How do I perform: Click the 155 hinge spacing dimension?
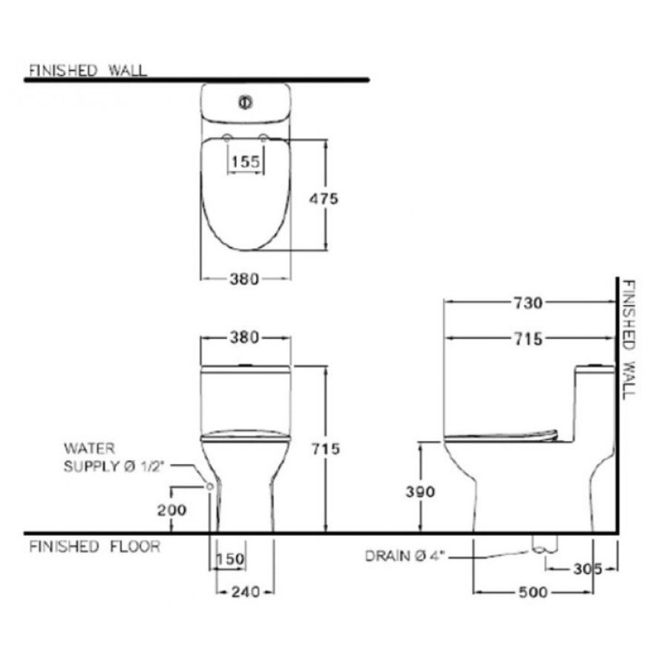[x=245, y=161]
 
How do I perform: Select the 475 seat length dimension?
[x=324, y=198]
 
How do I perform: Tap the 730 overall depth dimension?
[x=529, y=302]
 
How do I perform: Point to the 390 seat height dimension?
[x=419, y=491]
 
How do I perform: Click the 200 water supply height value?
[x=171, y=509]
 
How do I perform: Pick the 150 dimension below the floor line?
[x=230, y=559]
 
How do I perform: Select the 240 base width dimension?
[x=245, y=592]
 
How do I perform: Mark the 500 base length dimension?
[x=533, y=592]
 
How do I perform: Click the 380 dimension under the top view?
[x=244, y=279]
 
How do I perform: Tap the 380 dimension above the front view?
[x=244, y=338]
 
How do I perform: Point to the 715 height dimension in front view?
[x=324, y=448]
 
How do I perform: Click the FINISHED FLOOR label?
[x=94, y=547]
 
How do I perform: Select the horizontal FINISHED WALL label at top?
[x=87, y=71]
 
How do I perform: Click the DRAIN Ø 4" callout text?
[x=407, y=556]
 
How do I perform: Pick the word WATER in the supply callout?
[x=82, y=448]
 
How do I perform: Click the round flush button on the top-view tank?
[x=244, y=102]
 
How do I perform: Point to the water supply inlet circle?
[x=210, y=486]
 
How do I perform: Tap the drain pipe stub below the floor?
[x=544, y=544]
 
